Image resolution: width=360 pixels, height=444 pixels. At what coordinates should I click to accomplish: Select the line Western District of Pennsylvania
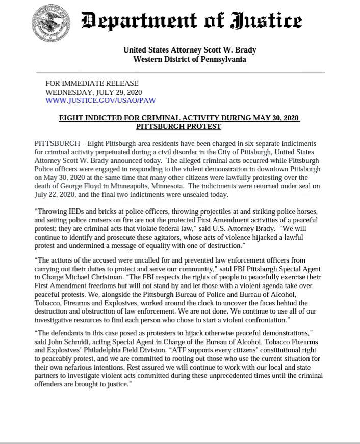[x=189, y=59]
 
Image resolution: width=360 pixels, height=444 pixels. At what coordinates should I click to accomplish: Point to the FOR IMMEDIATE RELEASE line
[x=92, y=84]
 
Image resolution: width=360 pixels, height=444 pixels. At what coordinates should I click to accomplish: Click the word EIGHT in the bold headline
[x=73, y=118]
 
